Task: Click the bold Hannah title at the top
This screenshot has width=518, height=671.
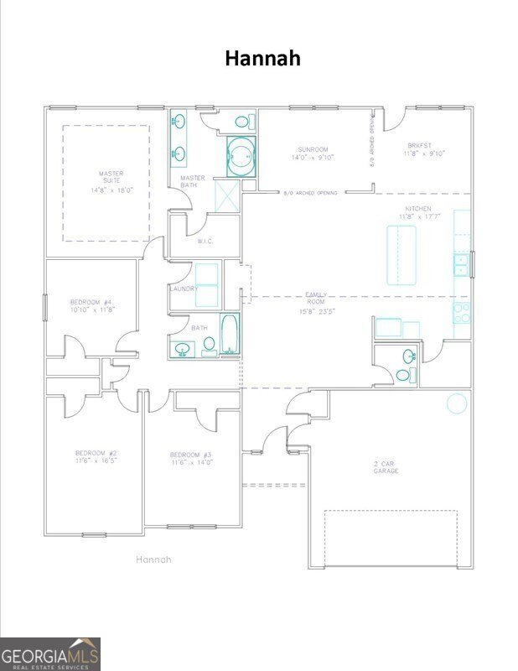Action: pyautogui.click(x=262, y=58)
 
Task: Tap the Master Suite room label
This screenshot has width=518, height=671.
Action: pyautogui.click(x=111, y=182)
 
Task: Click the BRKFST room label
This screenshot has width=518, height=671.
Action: pyautogui.click(x=423, y=148)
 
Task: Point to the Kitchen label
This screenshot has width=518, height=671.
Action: pyautogui.click(x=418, y=212)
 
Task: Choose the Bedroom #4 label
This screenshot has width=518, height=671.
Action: pyautogui.click(x=91, y=305)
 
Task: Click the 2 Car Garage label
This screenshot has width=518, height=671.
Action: pyautogui.click(x=386, y=467)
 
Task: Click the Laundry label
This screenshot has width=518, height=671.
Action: pyautogui.click(x=184, y=289)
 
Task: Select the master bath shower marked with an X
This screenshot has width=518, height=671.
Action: pyautogui.click(x=227, y=196)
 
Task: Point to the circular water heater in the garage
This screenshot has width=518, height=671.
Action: pyautogui.click(x=457, y=403)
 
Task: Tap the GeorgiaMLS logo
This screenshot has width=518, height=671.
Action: pyautogui.click(x=50, y=653)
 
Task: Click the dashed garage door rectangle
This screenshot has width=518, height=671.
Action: pyautogui.click(x=391, y=538)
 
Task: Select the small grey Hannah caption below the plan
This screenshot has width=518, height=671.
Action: pyautogui.click(x=153, y=559)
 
